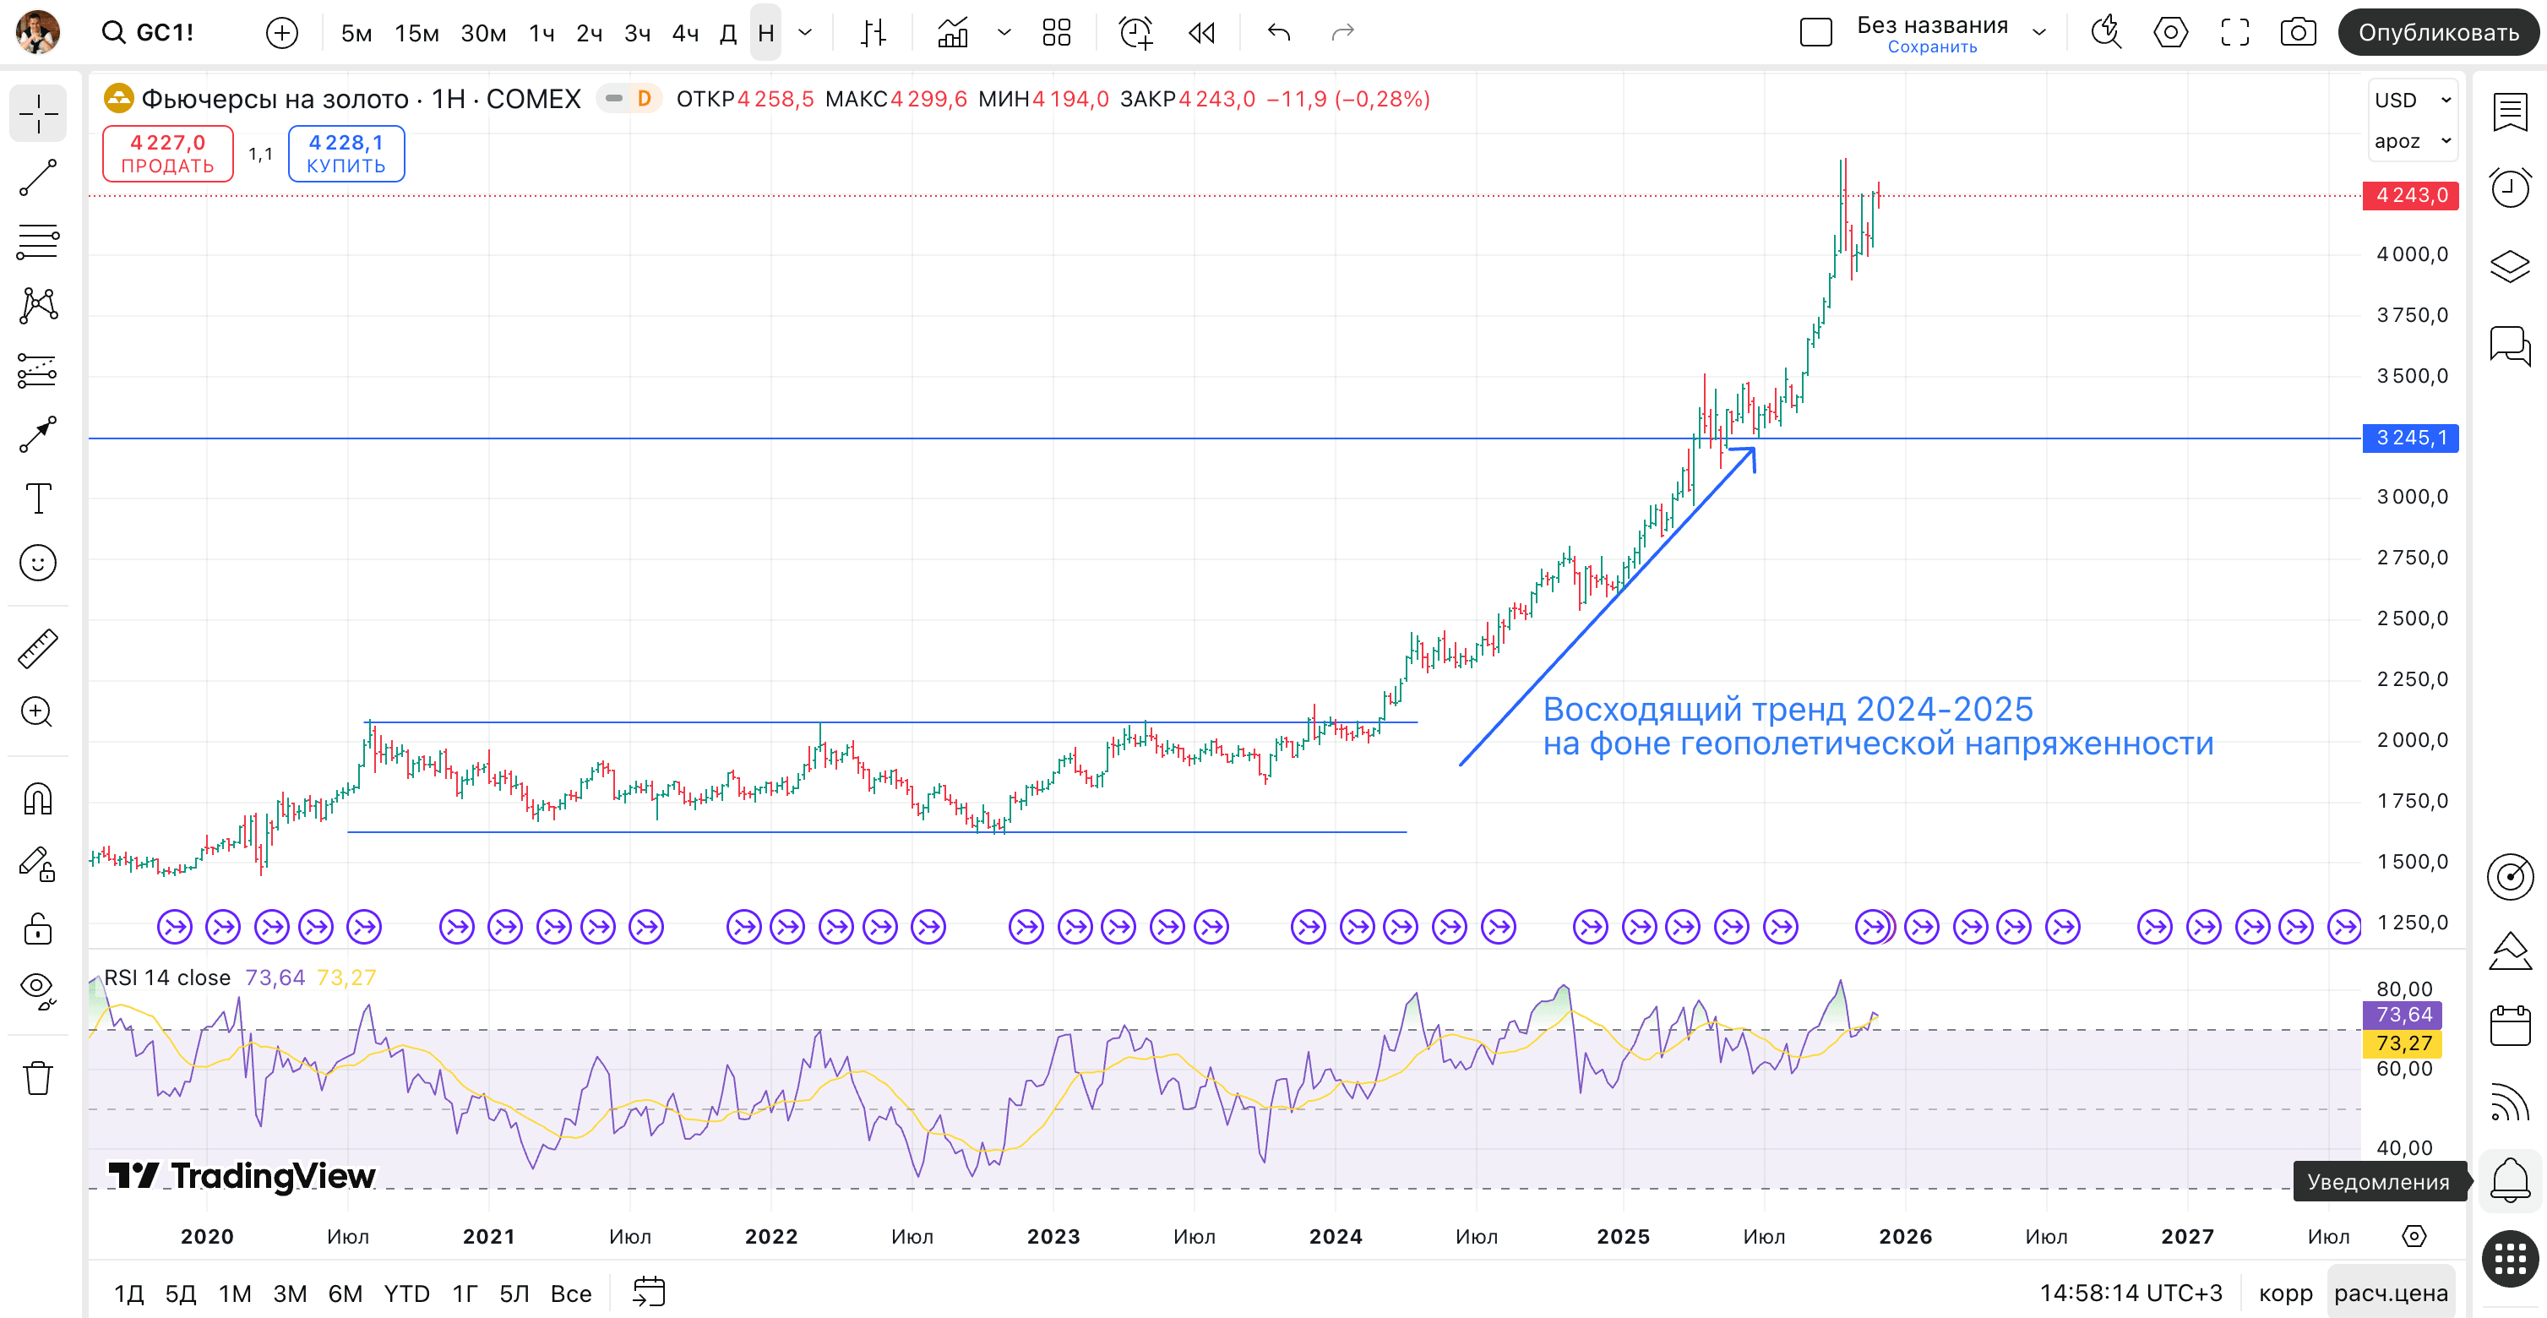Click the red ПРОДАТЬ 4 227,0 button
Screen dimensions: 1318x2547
pos(167,153)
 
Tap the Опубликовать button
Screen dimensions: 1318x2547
pos(2437,33)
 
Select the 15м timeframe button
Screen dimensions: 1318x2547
pos(416,34)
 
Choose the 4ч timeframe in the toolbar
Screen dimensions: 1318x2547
pos(684,34)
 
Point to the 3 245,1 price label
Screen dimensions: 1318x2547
pos(2409,438)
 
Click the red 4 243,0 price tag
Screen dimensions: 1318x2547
pos(2409,196)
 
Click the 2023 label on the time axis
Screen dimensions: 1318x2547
pos(1052,1236)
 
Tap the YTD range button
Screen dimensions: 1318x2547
pos(406,1293)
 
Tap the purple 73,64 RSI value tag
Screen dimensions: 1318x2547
pos(2403,1015)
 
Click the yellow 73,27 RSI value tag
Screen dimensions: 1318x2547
pos(2403,1043)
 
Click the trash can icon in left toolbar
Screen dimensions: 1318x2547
pos(37,1078)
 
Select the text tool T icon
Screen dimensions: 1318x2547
pos(37,498)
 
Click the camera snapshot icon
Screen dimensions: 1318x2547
pos(2297,33)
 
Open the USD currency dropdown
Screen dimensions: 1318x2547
pos(2413,100)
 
